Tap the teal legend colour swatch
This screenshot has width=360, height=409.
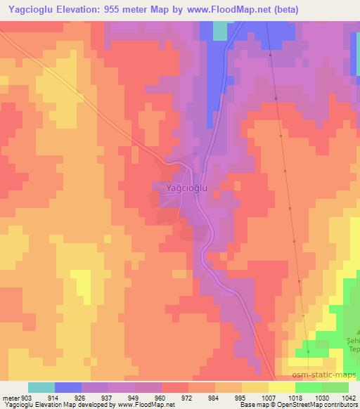41,387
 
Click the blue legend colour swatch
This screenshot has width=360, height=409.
68,387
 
